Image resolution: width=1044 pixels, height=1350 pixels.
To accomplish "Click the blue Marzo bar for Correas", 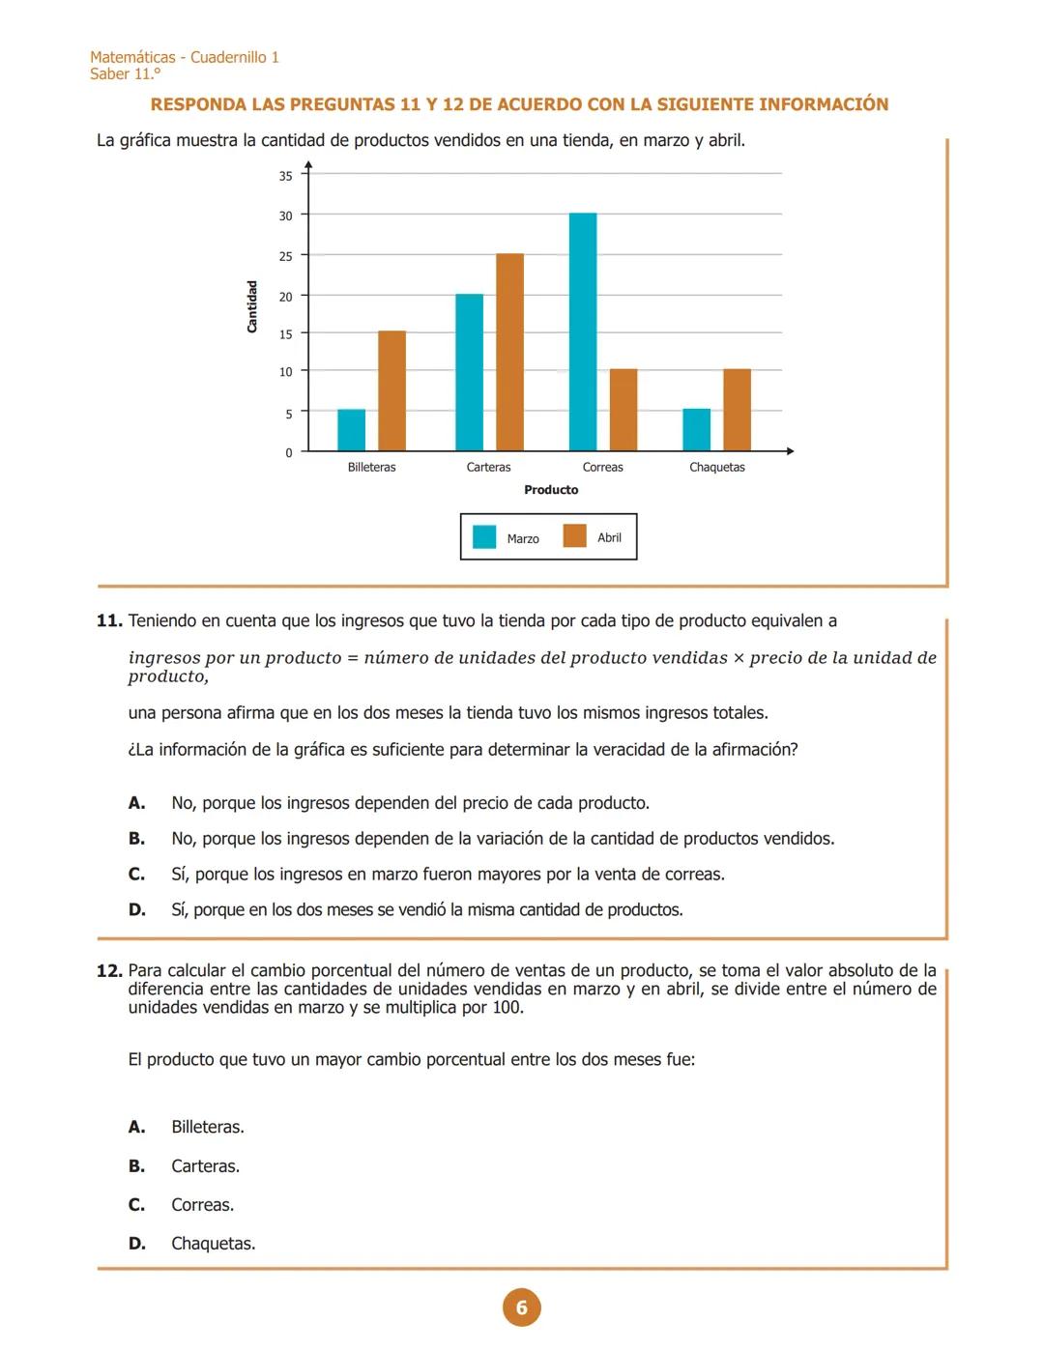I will point(583,331).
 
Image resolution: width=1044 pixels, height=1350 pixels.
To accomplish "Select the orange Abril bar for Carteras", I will point(509,352).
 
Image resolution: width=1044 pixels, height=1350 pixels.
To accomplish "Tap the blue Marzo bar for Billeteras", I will point(351,430).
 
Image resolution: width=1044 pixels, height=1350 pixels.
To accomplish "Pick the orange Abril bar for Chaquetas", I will point(737,410).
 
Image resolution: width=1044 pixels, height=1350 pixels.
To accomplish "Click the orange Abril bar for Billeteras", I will point(391,390).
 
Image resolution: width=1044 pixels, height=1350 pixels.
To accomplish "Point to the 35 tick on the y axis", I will point(286,176).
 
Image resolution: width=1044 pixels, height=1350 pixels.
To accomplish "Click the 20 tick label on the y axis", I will point(286,297).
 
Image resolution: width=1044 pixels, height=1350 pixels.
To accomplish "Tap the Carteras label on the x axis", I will point(488,468).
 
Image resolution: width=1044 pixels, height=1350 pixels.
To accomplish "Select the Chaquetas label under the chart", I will point(716,468).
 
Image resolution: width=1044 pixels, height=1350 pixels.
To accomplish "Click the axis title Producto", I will point(551,490).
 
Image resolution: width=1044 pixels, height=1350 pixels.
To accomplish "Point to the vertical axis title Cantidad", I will point(252,306).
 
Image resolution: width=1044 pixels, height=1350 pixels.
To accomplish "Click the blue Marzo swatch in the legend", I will point(484,537).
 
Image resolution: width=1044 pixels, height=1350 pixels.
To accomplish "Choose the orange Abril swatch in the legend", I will point(574,536).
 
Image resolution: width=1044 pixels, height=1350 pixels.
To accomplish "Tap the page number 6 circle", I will point(521,1307).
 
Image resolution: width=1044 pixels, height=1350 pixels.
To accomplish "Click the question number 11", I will point(109,620).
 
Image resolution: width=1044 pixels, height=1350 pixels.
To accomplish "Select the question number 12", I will point(109,970).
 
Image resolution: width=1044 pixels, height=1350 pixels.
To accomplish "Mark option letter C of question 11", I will point(136,875).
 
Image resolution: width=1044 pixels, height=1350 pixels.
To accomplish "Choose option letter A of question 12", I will point(136,1127).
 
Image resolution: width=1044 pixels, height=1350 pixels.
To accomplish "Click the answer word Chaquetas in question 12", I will point(213,1244).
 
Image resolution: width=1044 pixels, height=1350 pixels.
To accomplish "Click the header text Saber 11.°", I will point(125,74).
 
